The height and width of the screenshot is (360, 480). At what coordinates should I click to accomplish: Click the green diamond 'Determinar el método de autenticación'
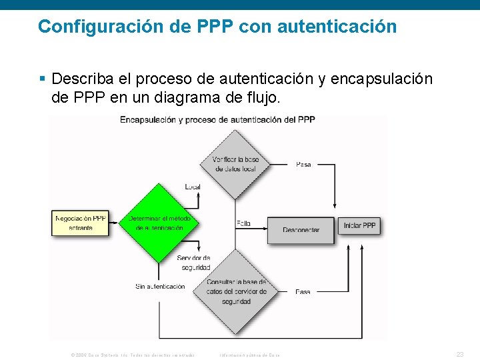(x=159, y=223)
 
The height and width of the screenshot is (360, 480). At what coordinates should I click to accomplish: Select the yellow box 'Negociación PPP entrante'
(x=80, y=223)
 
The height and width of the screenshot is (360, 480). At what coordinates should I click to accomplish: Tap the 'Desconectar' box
(x=301, y=229)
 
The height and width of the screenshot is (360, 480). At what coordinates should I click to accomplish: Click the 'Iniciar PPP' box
(x=359, y=225)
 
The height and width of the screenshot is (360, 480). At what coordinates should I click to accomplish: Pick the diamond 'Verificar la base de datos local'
(x=235, y=164)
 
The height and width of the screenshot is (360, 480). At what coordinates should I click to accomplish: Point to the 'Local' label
(x=193, y=187)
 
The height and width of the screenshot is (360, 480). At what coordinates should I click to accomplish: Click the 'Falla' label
(x=243, y=223)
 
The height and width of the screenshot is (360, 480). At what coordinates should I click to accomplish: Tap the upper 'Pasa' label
(x=303, y=164)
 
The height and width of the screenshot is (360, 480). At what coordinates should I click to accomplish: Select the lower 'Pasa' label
(x=303, y=292)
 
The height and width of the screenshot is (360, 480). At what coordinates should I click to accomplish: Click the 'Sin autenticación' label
(x=160, y=287)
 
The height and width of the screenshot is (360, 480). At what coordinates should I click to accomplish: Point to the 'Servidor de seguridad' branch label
(x=194, y=263)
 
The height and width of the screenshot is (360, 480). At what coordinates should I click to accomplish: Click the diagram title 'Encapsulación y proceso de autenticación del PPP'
(x=217, y=120)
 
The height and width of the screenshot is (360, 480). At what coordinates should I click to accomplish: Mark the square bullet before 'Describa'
(x=42, y=79)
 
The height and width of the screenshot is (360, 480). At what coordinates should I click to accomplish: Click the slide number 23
(x=459, y=354)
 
